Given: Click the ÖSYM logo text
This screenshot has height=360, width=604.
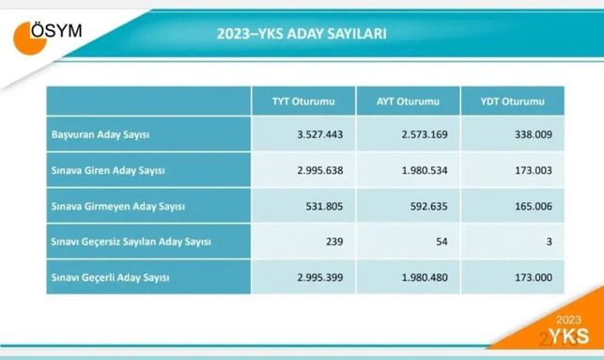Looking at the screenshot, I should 56,31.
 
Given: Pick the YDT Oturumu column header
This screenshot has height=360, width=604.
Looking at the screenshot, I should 511,101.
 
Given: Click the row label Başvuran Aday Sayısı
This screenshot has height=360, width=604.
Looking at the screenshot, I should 101,134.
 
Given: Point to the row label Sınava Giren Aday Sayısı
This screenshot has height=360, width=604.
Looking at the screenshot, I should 108,170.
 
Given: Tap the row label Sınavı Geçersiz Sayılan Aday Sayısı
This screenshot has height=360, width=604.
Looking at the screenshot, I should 132,242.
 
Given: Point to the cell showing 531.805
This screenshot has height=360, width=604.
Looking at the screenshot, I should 323,206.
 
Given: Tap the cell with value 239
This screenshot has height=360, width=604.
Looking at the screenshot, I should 333,242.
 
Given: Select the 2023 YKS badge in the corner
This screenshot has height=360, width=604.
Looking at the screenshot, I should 562,331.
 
